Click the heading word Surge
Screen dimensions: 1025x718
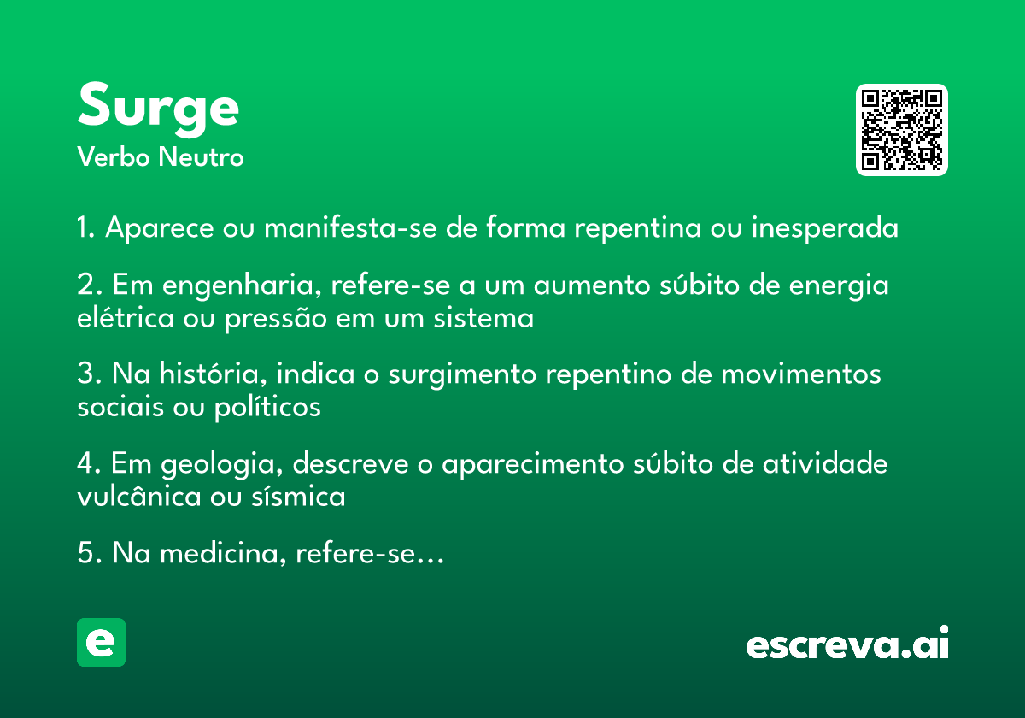coord(158,109)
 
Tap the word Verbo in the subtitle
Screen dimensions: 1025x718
coord(114,157)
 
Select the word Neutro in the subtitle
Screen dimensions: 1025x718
coord(201,157)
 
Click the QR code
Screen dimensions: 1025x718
coord(901,130)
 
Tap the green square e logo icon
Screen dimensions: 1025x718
coord(101,642)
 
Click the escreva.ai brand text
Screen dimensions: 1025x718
coord(847,643)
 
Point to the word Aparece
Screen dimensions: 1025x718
coord(159,228)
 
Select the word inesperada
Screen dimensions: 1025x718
coord(825,228)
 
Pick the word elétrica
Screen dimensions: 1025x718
coord(126,317)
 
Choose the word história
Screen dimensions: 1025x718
coord(213,374)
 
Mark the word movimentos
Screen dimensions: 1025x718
coord(801,374)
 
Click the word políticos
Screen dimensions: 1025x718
coord(267,407)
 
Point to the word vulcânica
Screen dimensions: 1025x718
coord(139,496)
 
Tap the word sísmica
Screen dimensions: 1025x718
coord(298,496)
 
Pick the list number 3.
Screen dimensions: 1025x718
coord(85,374)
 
